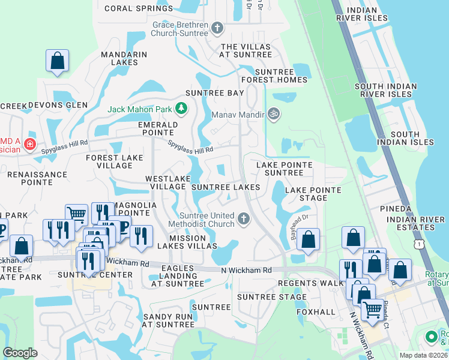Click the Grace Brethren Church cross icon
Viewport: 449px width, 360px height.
click(x=217, y=28)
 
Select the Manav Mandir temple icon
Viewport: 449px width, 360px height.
click(x=274, y=113)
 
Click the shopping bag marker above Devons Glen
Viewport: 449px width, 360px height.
click(x=58, y=61)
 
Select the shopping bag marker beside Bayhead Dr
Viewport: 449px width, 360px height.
click(x=309, y=239)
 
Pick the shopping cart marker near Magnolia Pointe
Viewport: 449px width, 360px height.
click(x=77, y=214)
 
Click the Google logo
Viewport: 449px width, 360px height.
click(x=20, y=353)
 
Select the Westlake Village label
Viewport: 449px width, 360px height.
click(x=167, y=183)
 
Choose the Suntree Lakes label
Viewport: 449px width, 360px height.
click(x=226, y=187)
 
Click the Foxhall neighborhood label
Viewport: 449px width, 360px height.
click(x=315, y=312)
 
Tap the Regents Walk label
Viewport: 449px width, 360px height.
click(x=302, y=283)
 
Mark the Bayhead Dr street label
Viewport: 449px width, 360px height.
click(x=299, y=226)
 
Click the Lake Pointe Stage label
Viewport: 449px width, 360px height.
click(x=313, y=194)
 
